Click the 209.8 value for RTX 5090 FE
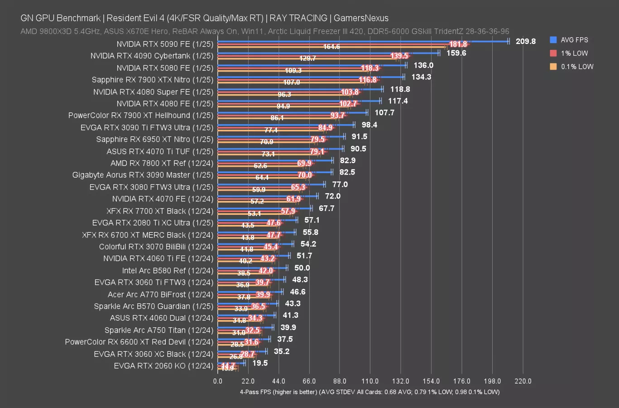[x=525, y=41]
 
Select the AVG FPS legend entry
[x=574, y=40]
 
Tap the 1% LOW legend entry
[x=574, y=53]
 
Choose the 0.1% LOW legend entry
[x=577, y=66]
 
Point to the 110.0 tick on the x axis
[x=370, y=381]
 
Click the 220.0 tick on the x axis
[x=523, y=381]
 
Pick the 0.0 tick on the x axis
[x=218, y=381]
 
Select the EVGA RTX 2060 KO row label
[x=163, y=366]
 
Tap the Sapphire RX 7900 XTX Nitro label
[x=152, y=80]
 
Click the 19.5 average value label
[x=260, y=363]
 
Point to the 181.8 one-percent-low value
[x=458, y=44]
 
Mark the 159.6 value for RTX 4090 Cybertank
[x=456, y=53]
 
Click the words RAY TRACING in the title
[x=298, y=18]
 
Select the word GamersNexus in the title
[x=361, y=18]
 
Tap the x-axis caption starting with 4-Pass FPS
[x=369, y=392]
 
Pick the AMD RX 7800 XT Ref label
[x=162, y=163]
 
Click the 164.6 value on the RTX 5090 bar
[x=331, y=47]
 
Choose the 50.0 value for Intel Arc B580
[x=302, y=268]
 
